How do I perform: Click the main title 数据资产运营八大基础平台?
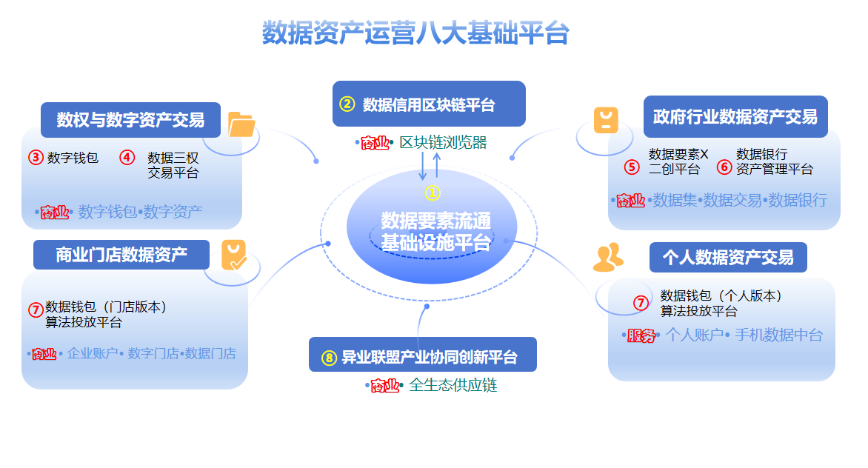(415, 33)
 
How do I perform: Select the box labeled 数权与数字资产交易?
(131, 119)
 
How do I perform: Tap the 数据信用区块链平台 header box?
(429, 104)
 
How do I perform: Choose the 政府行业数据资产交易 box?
(735, 116)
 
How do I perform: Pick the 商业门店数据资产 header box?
(122, 255)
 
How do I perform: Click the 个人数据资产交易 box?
(728, 257)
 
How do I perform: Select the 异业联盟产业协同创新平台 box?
(422, 357)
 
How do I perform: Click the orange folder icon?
(241, 124)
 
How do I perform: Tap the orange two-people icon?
(608, 257)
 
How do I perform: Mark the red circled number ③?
(36, 158)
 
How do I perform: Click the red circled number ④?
(127, 158)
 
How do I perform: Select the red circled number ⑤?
(631, 167)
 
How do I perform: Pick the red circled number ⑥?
(724, 167)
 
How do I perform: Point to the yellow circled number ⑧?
(329, 358)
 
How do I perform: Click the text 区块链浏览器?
(444, 143)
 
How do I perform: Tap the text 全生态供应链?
(453, 385)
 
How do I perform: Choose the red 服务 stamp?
(641, 335)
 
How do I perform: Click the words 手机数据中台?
(778, 335)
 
